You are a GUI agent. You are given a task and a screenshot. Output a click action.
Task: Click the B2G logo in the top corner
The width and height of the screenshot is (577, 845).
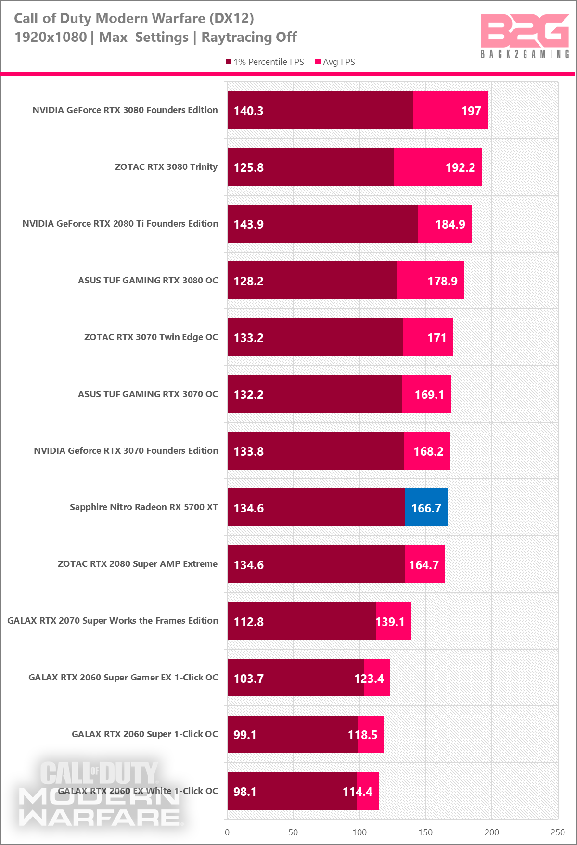click(x=525, y=36)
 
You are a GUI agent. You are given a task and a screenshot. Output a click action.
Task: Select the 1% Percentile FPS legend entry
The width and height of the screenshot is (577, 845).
click(x=265, y=62)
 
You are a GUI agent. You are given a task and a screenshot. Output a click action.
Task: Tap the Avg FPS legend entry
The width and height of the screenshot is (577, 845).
click(x=335, y=62)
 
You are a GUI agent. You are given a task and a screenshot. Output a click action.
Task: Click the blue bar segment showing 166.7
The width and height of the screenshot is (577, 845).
click(x=426, y=508)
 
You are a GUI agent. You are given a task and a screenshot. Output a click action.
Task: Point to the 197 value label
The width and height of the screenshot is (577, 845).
click(x=471, y=111)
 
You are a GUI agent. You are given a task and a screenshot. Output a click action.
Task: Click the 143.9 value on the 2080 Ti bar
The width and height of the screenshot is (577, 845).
click(x=248, y=224)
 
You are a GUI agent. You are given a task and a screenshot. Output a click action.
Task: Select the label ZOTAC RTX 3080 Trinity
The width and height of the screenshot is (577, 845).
click(x=166, y=167)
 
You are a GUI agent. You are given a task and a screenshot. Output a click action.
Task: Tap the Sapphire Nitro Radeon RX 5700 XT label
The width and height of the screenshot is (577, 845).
click(x=143, y=507)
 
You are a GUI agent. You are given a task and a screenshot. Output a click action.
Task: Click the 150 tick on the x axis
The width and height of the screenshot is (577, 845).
click(x=425, y=832)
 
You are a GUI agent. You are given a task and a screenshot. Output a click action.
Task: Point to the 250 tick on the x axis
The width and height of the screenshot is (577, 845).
click(x=557, y=832)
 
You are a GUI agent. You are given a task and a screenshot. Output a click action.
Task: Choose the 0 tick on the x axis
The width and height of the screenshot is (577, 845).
click(x=227, y=832)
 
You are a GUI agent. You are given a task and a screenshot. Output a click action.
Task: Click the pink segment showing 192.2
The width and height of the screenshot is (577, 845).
click(x=437, y=167)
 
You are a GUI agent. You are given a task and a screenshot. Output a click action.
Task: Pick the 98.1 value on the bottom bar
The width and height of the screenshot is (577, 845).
click(x=244, y=792)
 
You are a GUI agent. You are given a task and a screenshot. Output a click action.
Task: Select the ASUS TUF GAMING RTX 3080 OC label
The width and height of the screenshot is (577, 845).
click(x=148, y=281)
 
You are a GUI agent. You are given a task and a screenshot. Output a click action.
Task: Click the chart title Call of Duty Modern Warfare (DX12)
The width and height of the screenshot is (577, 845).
click(x=134, y=18)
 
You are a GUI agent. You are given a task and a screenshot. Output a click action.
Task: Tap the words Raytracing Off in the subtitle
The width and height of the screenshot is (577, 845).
click(x=249, y=37)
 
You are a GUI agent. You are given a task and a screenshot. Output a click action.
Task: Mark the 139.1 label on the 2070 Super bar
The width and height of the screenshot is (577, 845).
click(x=390, y=622)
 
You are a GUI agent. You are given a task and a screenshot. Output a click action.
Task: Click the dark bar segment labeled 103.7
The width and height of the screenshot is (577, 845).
click(x=295, y=678)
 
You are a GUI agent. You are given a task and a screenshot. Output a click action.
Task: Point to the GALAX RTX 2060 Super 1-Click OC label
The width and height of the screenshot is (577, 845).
click(x=144, y=734)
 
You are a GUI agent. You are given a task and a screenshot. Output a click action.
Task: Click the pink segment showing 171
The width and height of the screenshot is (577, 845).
click(x=428, y=337)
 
